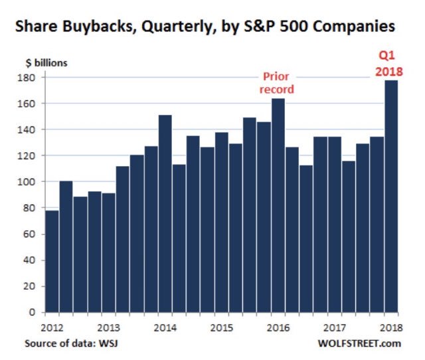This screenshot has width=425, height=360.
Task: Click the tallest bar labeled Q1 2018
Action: pyautogui.click(x=390, y=196)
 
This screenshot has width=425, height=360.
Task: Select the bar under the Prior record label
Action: pyautogui.click(x=278, y=205)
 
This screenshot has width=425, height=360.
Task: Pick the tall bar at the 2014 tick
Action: pyautogui.click(x=165, y=213)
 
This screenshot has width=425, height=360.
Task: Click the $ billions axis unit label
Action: pyautogui.click(x=43, y=63)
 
